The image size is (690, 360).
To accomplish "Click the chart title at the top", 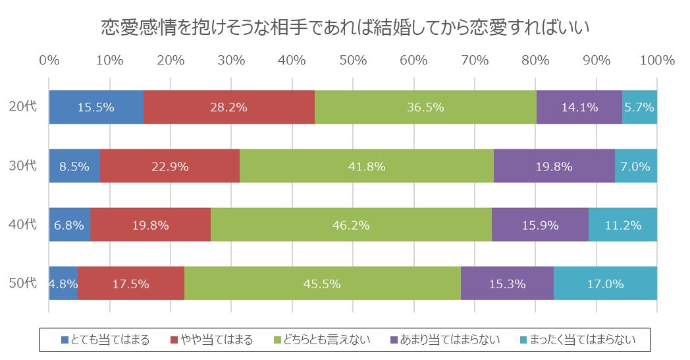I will pos(345,27).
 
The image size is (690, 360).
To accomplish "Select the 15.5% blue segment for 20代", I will pos(96,107).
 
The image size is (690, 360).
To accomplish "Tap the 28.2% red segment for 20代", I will pos(229,107).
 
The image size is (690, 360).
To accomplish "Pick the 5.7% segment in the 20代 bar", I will pos(639,107).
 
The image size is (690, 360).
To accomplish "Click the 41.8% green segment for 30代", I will pos(367,166).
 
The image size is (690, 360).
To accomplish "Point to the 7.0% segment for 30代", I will pos(636,166).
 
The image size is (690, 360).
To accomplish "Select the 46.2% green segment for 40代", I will pos(351,224).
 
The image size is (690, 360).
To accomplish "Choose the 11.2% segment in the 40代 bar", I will pos(623,224).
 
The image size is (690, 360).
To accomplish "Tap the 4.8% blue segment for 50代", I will pos(63,284).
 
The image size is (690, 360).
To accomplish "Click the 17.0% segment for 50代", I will pos(605,284).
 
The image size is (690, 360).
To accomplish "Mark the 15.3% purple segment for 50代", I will pos(507,284).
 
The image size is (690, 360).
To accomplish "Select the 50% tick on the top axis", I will pos(353,61).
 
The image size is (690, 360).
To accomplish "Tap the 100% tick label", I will pos(656,61).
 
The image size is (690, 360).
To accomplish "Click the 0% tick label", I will pos(49,61).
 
